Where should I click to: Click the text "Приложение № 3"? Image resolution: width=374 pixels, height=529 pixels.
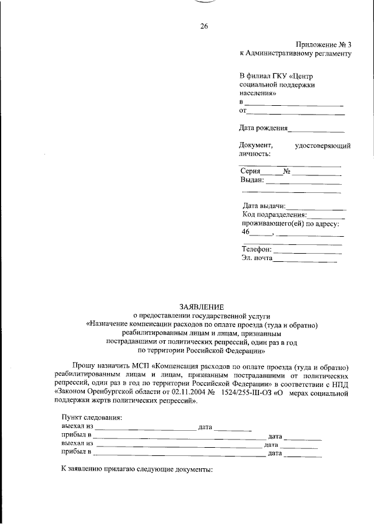[x=323, y=44]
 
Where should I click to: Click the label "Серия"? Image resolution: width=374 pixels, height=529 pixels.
[x=250, y=172]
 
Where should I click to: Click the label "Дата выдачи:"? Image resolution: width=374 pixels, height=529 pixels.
[x=264, y=206]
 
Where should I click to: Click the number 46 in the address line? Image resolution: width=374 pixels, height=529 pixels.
[x=245, y=232]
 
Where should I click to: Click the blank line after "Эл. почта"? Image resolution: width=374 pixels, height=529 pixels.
[x=305, y=260]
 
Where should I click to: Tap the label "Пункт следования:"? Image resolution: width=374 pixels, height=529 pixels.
[x=92, y=418]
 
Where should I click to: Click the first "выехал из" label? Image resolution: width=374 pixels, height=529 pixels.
[x=77, y=427]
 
